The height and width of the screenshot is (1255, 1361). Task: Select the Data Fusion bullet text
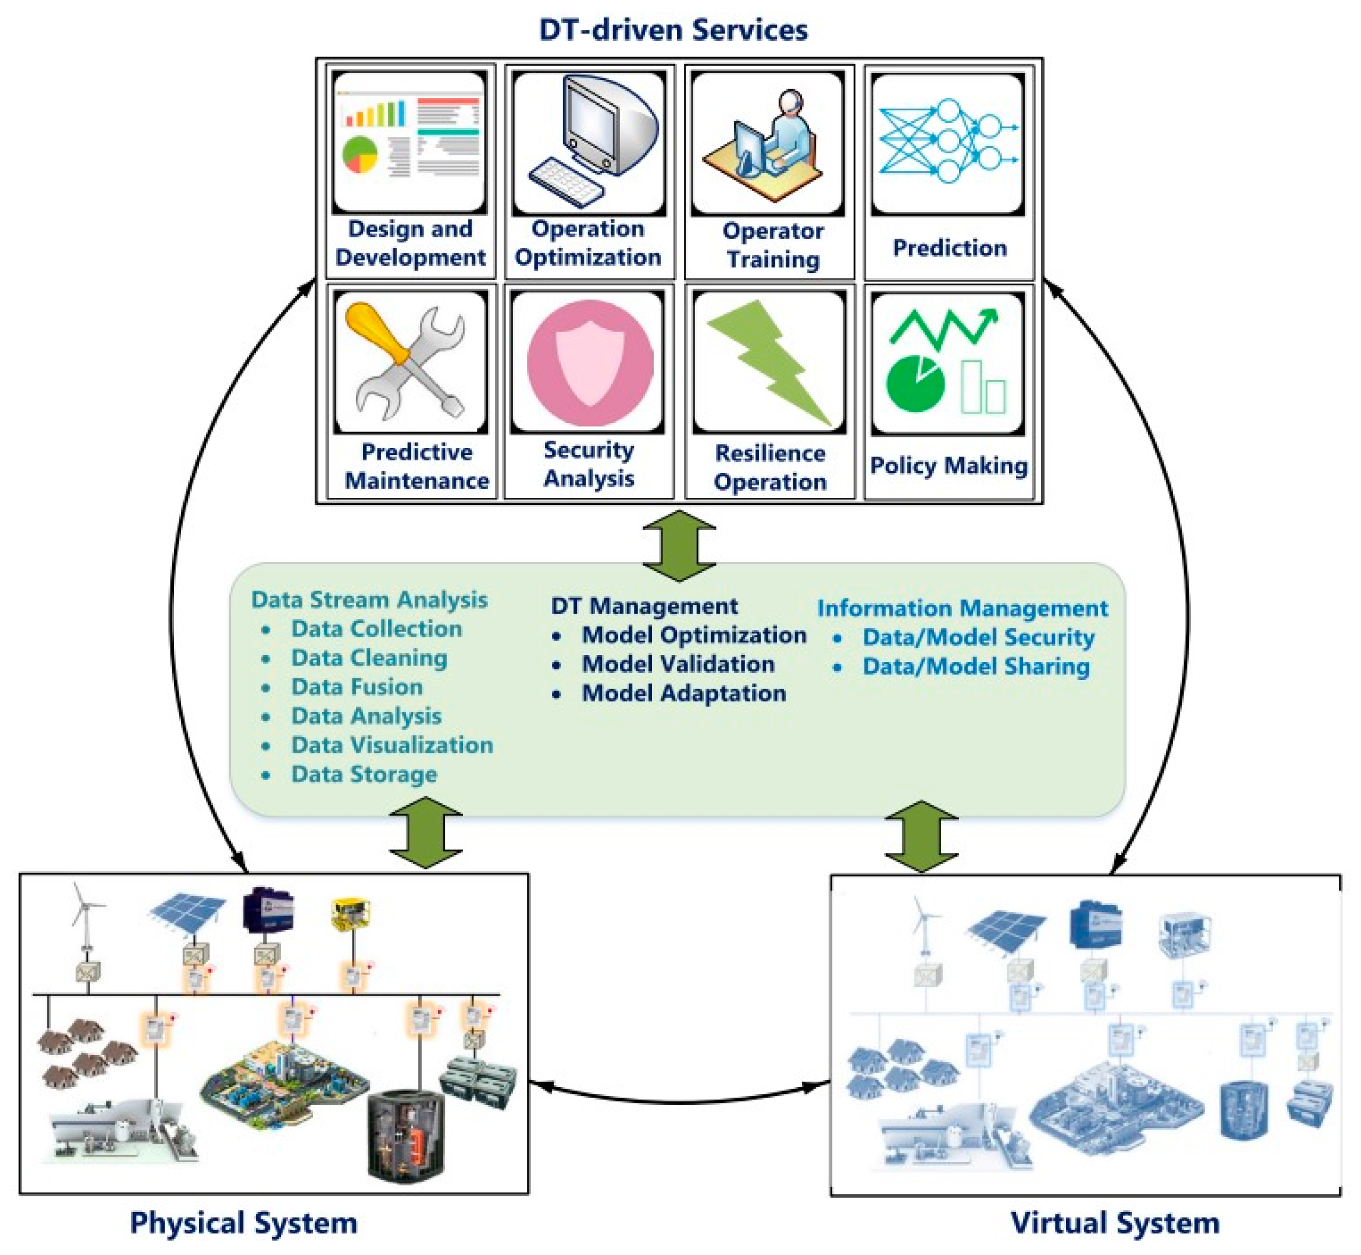click(357, 686)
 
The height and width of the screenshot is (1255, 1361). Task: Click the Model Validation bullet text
click(678, 664)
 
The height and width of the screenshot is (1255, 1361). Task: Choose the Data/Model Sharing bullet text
click(976, 666)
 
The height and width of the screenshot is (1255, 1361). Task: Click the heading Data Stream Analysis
click(369, 600)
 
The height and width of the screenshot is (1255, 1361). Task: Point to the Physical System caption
click(244, 1222)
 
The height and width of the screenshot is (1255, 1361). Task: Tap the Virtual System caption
click(1115, 1222)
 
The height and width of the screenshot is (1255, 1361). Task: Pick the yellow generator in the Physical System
click(351, 914)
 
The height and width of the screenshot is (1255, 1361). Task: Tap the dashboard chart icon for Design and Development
click(409, 141)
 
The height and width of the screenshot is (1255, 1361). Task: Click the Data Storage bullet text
click(365, 774)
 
